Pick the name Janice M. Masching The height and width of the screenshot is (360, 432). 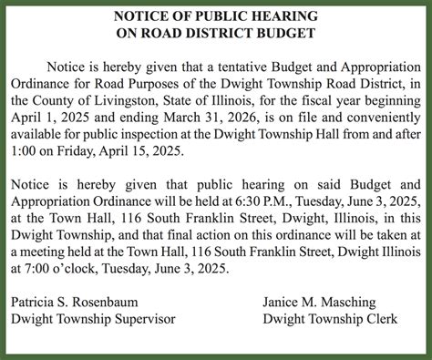(x=320, y=302)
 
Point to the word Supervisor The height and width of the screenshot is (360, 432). (x=144, y=319)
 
